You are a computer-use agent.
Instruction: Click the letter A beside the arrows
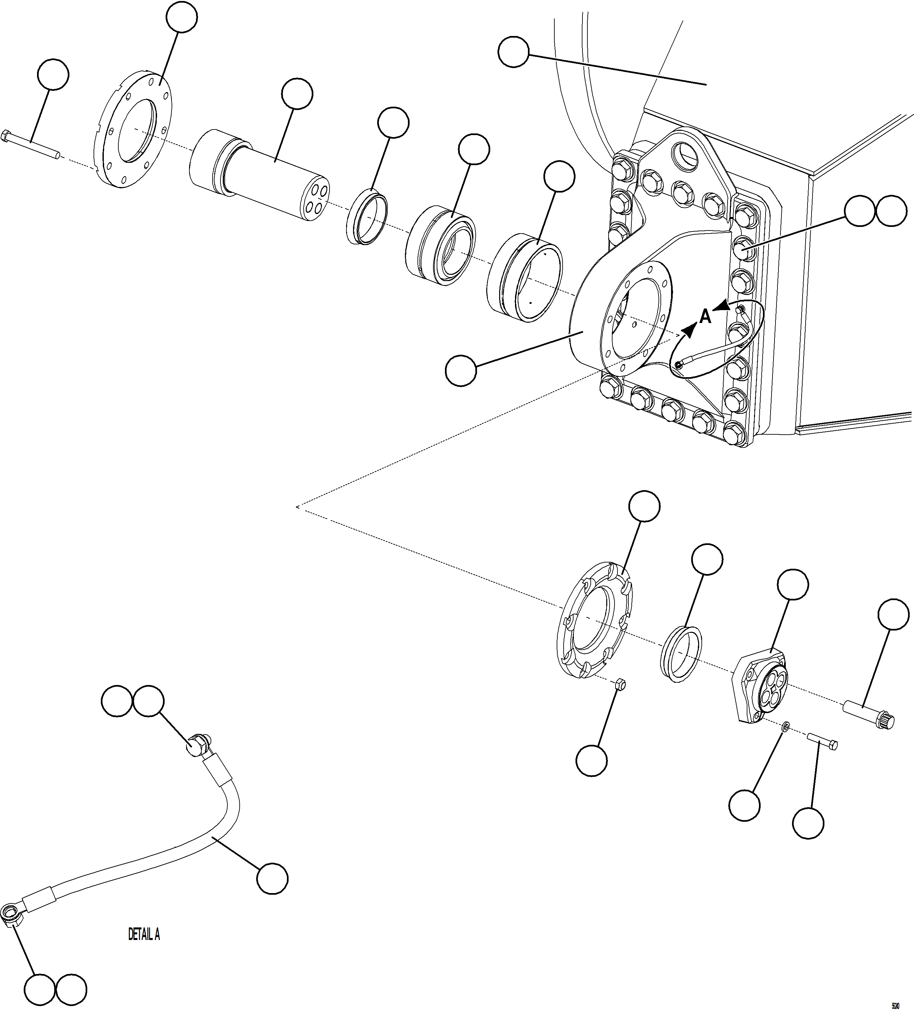704,317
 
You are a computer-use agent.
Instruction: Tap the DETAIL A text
144,934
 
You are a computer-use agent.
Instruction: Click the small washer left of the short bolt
786,739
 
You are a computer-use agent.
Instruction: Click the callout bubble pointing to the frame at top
513,52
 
